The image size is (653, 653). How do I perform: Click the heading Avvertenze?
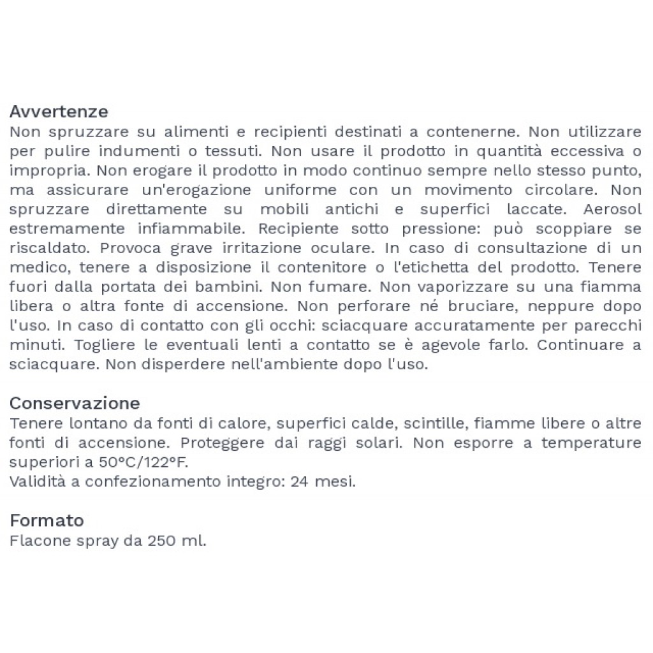point(59,112)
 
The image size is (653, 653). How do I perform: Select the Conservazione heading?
point(75,404)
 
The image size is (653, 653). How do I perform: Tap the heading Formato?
point(47,520)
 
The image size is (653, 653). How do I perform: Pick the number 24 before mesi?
point(298,481)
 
